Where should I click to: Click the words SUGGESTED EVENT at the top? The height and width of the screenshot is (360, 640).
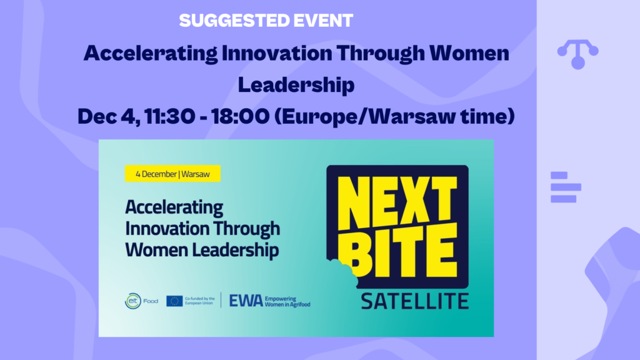(266, 20)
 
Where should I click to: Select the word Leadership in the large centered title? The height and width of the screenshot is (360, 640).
(296, 84)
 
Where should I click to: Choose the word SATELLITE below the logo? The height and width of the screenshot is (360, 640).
(414, 301)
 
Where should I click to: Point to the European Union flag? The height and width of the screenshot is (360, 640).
(174, 301)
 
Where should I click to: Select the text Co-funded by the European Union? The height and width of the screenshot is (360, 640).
(201, 301)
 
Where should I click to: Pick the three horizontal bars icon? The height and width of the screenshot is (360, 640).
(565, 187)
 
